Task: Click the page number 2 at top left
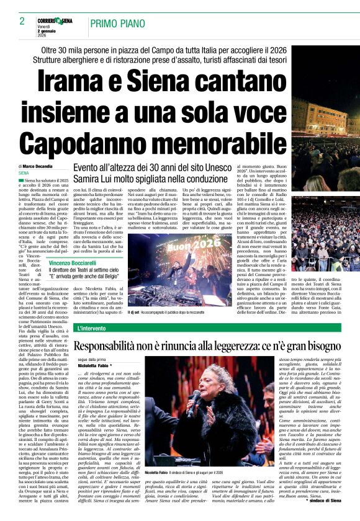click(x=22, y=22)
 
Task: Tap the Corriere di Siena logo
click(x=55, y=21)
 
